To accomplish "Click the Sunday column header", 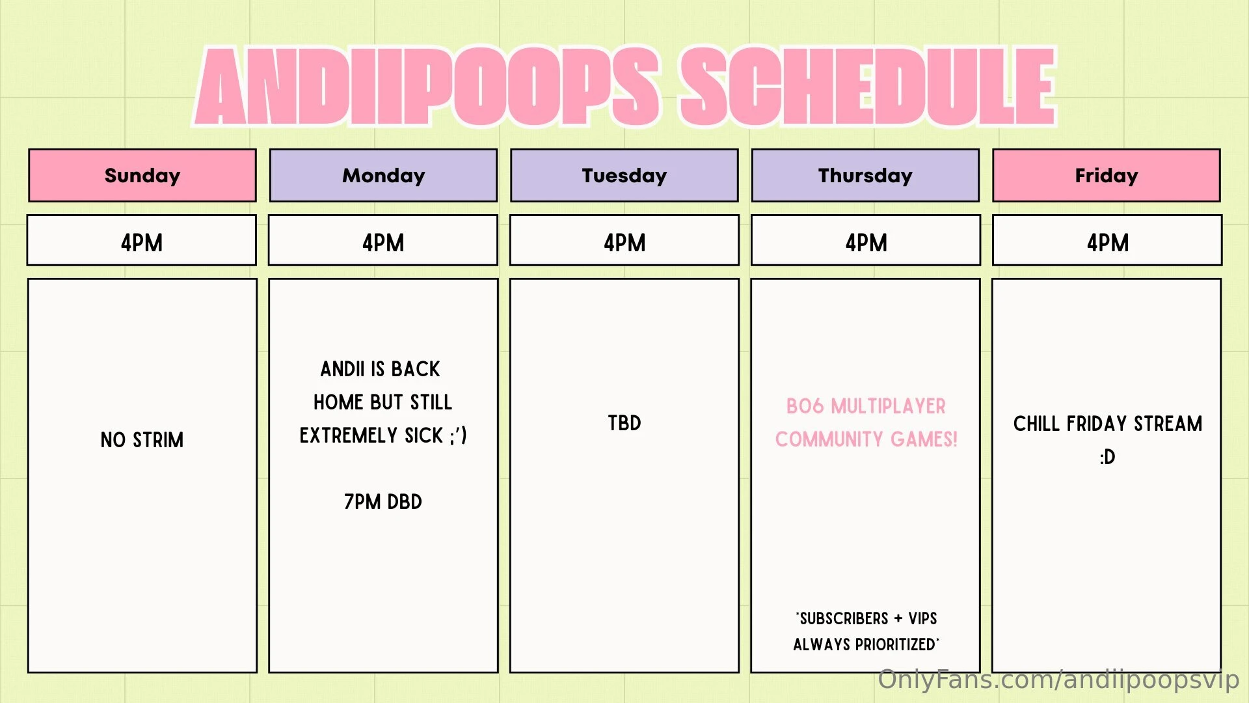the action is [x=142, y=175].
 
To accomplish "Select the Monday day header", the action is [x=383, y=175].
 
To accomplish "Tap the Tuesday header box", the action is [x=624, y=175].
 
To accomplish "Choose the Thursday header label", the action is [x=865, y=175].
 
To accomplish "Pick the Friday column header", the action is [x=1107, y=175].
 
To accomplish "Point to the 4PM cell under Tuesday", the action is [x=624, y=240].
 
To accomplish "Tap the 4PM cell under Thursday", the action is [x=866, y=240].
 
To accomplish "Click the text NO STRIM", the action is [x=142, y=440].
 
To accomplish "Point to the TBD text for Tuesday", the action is [x=624, y=423].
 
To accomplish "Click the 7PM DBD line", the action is [x=383, y=502].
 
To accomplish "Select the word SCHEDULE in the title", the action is [x=868, y=87].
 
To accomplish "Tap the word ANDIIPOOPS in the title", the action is [x=428, y=87].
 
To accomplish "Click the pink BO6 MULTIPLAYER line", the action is [x=866, y=406].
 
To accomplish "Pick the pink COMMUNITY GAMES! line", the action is [x=866, y=439].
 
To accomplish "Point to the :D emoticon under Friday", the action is [x=1107, y=457].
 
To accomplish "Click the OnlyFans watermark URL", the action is [x=1058, y=680].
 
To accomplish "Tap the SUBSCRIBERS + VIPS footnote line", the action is [x=866, y=618].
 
